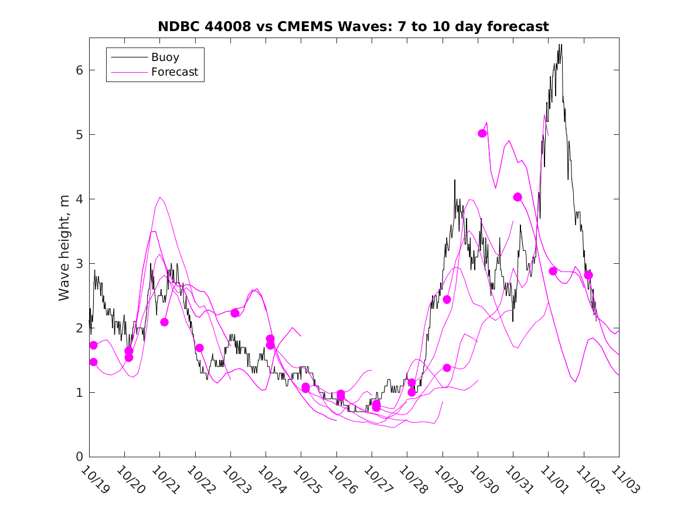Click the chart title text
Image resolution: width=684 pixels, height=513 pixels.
click(x=353, y=26)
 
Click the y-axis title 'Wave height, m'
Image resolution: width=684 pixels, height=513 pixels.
click(x=64, y=249)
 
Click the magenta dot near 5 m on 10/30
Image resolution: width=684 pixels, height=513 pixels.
click(x=482, y=133)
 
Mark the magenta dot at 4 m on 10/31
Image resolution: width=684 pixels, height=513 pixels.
click(x=518, y=197)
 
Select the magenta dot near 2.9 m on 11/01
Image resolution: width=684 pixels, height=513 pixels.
click(x=553, y=271)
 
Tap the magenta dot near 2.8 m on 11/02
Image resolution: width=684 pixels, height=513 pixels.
click(x=588, y=275)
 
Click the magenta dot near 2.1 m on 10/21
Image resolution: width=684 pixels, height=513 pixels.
click(x=164, y=322)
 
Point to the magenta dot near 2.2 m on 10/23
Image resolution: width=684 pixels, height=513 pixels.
click(x=235, y=313)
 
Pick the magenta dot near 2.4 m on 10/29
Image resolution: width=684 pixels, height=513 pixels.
click(x=447, y=300)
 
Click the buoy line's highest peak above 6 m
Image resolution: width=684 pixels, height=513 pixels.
click(x=560, y=45)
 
